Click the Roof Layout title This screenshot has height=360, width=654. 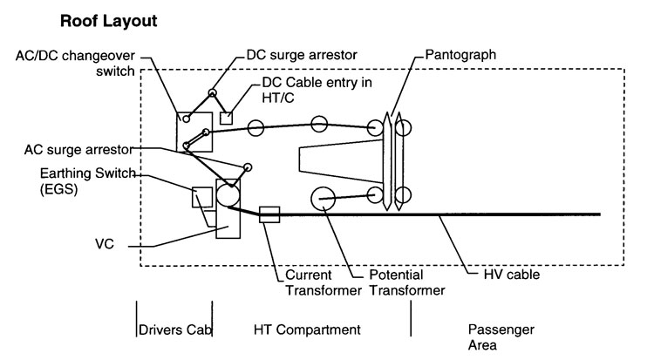point(108,21)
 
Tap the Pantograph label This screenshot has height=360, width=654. point(460,55)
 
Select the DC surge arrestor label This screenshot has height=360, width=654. point(302,55)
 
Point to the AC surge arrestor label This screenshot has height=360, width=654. point(78,149)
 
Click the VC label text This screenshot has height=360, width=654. point(105,243)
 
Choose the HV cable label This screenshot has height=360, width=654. point(511,274)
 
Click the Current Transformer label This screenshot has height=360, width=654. point(324,282)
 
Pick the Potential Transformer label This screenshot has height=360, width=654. point(407,282)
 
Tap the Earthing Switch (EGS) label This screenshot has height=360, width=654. point(87,180)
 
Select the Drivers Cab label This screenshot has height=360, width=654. point(174,329)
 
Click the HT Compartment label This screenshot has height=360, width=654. point(307,329)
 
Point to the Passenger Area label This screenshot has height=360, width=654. point(501,337)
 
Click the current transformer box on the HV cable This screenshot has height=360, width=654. point(269,214)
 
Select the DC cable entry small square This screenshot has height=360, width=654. point(226,118)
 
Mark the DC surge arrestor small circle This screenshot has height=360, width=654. point(212,92)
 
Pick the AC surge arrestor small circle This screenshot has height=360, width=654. point(248,167)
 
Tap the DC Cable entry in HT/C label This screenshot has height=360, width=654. point(317,90)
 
